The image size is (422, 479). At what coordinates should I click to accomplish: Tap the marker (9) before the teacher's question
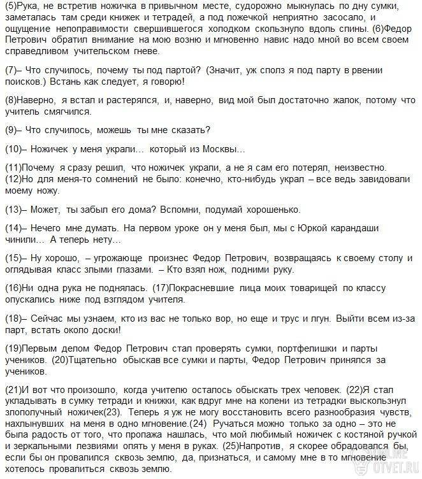coord(10,131)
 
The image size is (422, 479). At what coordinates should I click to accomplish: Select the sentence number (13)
coord(13,210)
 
